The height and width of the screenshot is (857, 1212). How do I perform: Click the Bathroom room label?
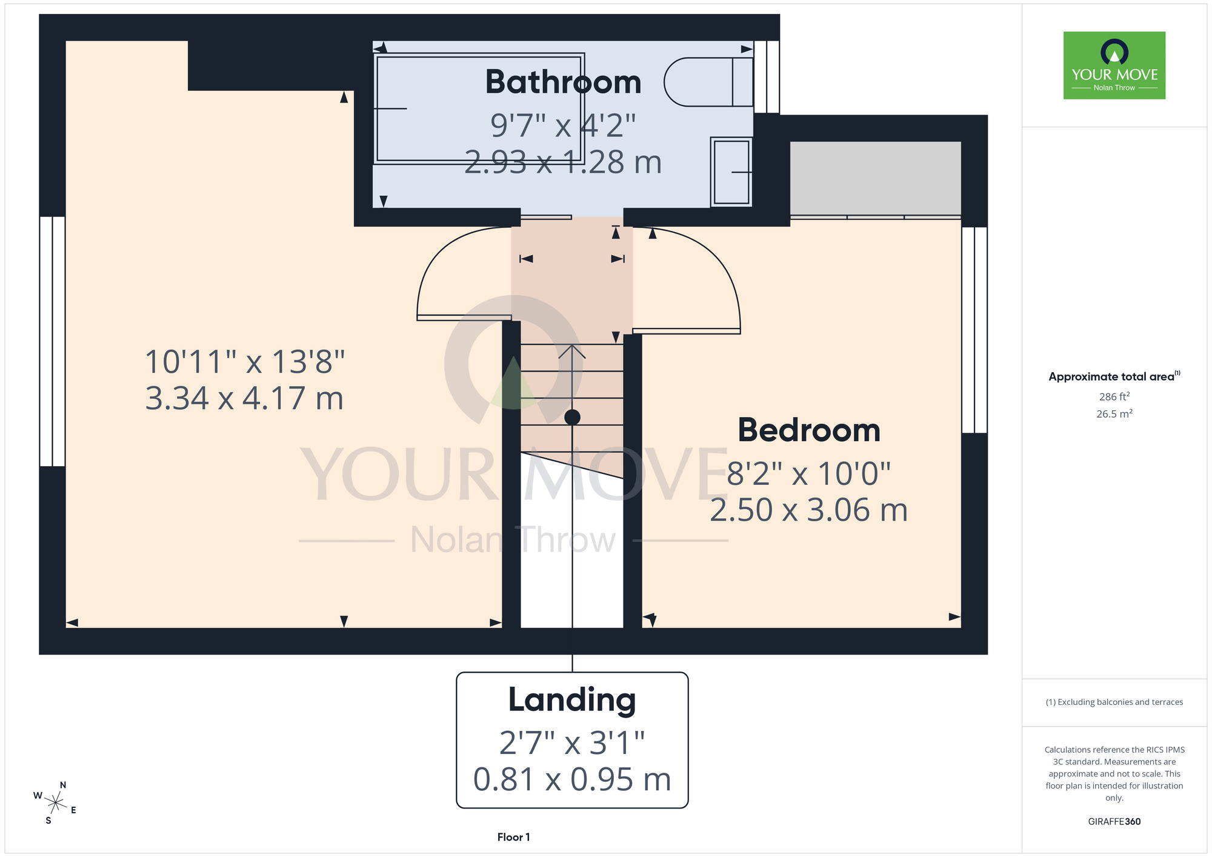click(x=563, y=82)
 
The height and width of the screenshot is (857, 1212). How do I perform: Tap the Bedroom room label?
click(x=809, y=430)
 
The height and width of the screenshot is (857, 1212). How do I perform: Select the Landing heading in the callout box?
click(x=572, y=700)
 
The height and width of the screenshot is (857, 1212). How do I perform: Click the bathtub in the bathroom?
click(x=479, y=108)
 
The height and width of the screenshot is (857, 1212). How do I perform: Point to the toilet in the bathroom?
click(x=708, y=82)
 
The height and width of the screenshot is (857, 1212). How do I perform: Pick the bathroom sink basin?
click(x=731, y=172)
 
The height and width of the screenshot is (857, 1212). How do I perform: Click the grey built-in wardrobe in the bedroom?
click(x=875, y=178)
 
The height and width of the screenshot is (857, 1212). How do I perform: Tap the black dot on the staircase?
click(x=572, y=417)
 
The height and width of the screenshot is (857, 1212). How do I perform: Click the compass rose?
click(x=55, y=804)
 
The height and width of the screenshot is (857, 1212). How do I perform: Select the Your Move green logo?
click(x=1114, y=65)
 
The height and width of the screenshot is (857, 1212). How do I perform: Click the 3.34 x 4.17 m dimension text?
click(x=244, y=398)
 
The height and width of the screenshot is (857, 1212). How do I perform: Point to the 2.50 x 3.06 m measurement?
click(x=809, y=510)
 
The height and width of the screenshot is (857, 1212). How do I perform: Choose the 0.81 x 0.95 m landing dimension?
click(x=572, y=779)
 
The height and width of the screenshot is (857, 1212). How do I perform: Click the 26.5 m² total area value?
click(x=1114, y=414)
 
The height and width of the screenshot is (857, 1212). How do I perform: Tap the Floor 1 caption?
click(x=513, y=837)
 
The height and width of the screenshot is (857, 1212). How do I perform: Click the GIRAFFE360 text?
click(x=1114, y=822)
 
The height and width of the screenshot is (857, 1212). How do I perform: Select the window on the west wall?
click(x=53, y=341)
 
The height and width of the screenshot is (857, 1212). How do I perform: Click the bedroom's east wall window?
click(x=974, y=330)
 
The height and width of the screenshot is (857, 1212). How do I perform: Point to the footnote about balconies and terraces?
click(x=1114, y=702)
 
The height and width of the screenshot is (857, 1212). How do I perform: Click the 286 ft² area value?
click(x=1114, y=396)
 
